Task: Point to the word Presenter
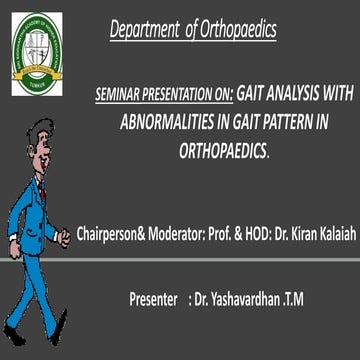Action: click(x=163, y=297)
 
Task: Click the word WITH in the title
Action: click(x=332, y=95)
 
